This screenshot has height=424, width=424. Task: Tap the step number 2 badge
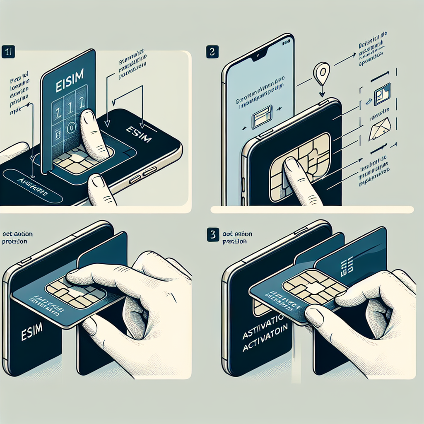pos(212,53)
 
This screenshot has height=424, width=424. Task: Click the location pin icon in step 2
pos(321,72)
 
